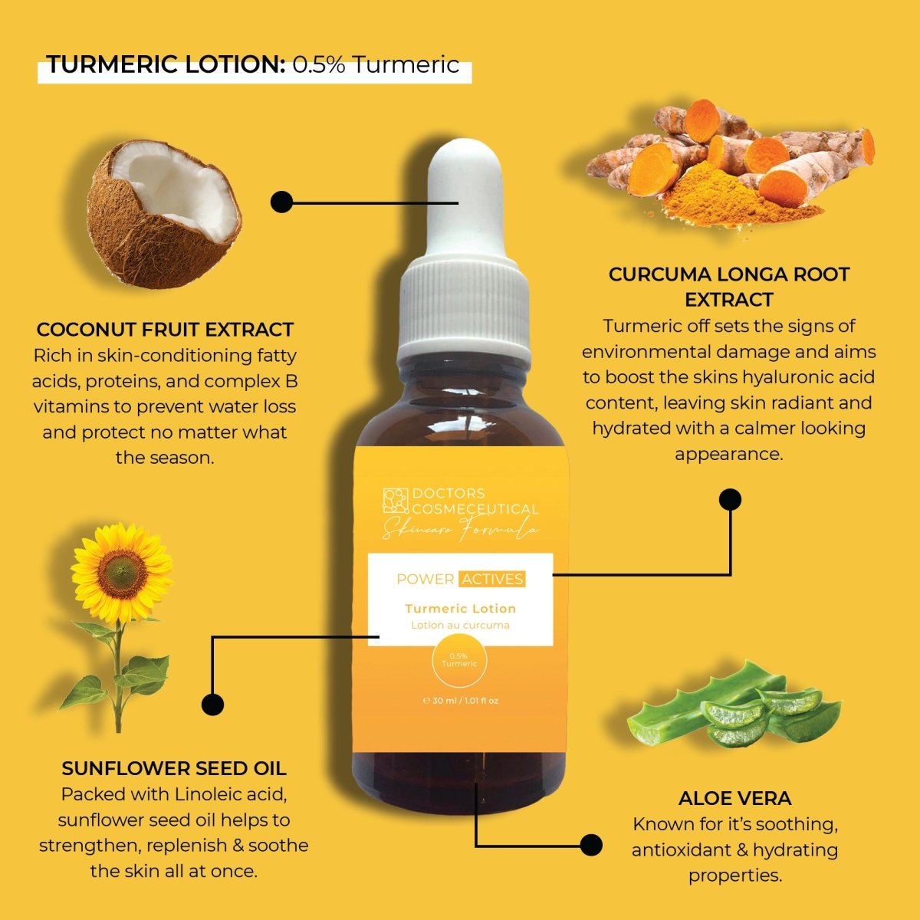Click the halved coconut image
click(x=165, y=213)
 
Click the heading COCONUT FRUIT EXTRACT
click(x=165, y=330)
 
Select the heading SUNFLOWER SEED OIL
click(x=174, y=768)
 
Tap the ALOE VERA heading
click(x=734, y=798)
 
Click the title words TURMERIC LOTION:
click(x=166, y=65)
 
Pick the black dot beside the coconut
click(x=281, y=202)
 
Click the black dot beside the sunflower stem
click(x=212, y=705)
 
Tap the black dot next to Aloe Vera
click(x=590, y=846)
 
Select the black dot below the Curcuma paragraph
click(x=730, y=500)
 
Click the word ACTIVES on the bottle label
click(x=492, y=579)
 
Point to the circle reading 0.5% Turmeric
click(x=459, y=660)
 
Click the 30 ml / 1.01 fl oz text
click(x=461, y=701)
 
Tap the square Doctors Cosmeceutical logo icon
click(x=396, y=501)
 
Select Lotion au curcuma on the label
click(x=460, y=625)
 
